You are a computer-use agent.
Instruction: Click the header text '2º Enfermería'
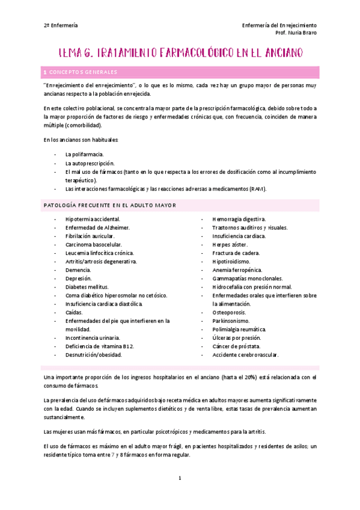click(61, 25)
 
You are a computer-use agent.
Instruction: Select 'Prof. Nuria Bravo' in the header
click(295, 33)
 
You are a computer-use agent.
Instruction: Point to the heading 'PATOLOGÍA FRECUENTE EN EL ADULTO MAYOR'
click(109, 205)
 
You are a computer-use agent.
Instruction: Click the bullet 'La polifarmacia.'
click(85, 155)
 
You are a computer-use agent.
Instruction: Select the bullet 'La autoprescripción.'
click(90, 163)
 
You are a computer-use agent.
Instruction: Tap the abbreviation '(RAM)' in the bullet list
click(258, 189)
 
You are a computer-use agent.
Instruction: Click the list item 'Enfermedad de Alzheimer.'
click(97, 228)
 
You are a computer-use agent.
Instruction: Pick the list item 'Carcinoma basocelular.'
click(94, 245)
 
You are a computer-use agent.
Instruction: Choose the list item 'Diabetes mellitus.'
click(87, 287)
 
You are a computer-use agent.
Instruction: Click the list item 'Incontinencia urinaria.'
click(93, 338)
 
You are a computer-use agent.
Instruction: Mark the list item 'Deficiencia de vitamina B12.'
click(100, 346)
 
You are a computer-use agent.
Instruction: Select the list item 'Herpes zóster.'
click(231, 245)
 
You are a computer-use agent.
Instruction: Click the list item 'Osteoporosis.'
click(231, 313)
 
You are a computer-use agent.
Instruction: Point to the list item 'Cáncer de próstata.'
click(236, 346)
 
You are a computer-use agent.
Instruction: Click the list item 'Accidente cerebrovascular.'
click(245, 355)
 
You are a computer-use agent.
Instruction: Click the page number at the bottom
click(179, 479)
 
